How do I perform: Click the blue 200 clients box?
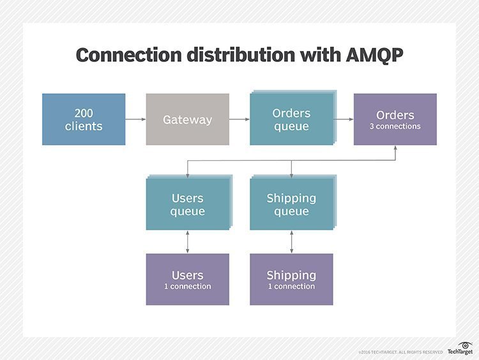(84, 119)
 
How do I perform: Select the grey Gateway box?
(187, 119)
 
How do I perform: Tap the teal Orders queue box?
(291, 119)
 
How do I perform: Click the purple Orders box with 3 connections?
(395, 119)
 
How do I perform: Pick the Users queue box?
(187, 204)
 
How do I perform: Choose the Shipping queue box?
(291, 204)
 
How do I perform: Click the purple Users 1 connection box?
(187, 280)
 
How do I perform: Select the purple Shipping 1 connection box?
(291, 280)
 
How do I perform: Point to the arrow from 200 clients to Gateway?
(135, 119)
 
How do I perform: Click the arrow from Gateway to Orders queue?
(240, 119)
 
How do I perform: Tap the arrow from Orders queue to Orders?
(344, 119)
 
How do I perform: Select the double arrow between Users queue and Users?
(187, 242)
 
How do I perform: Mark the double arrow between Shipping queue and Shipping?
(291, 242)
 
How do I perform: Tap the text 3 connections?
(395, 126)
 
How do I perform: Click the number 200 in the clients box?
(84, 113)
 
